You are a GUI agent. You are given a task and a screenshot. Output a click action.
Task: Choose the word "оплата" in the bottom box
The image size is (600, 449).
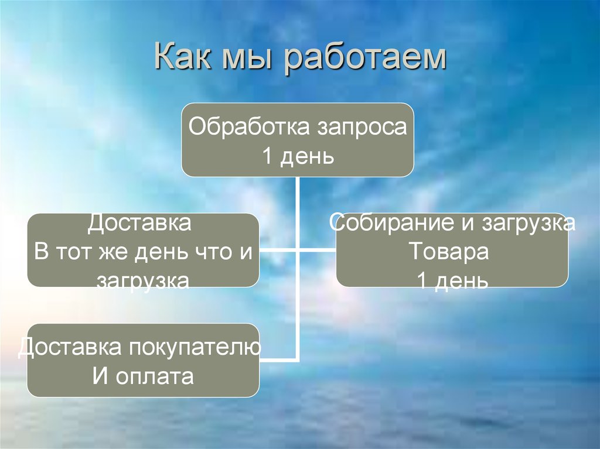pos(155,376)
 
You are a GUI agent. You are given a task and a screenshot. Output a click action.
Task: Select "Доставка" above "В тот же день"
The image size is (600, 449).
pos(140,223)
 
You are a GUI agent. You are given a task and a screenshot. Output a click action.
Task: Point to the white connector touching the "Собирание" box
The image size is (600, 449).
pos(319,250)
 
